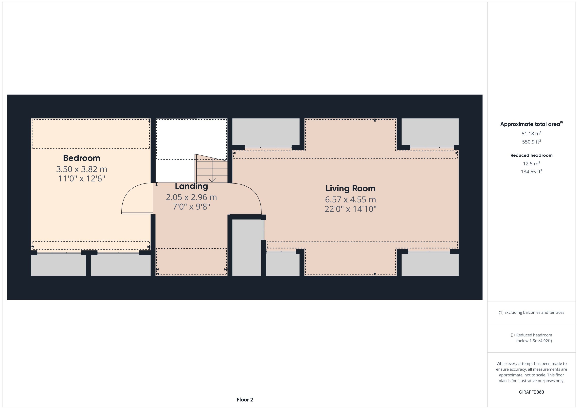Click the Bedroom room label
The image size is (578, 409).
click(x=82, y=158)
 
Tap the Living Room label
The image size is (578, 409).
click(x=350, y=188)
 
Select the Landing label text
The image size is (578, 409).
click(x=191, y=186)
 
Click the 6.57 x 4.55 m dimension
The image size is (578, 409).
click(x=350, y=199)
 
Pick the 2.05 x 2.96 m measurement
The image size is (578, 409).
click(x=191, y=197)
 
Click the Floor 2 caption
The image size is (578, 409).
click(x=245, y=400)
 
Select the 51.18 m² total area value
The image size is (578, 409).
click(x=531, y=133)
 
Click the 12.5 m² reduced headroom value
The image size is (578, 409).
click(x=531, y=163)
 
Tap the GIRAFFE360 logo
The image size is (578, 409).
click(x=531, y=392)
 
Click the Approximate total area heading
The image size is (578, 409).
click(x=531, y=124)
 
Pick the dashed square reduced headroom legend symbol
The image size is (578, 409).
click(x=512, y=335)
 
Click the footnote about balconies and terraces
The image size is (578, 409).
click(x=531, y=312)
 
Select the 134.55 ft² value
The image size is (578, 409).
click(x=531, y=172)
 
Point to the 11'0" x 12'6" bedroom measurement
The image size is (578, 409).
click(x=82, y=178)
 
